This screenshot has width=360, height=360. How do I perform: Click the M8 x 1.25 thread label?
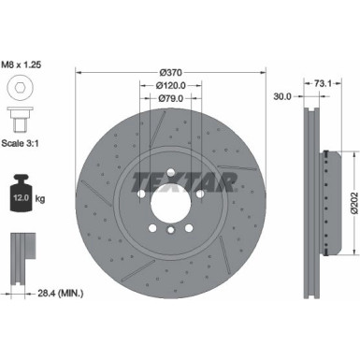25,65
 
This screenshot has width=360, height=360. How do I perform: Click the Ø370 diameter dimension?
170,72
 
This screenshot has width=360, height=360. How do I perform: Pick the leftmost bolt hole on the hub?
140,194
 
